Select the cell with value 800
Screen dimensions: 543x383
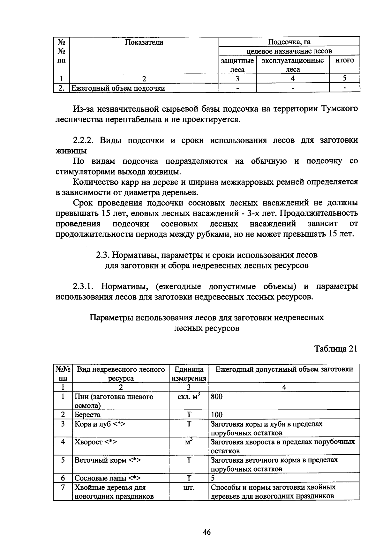pyautogui.click(x=217, y=397)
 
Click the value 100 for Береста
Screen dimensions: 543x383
pyautogui.click(x=217, y=415)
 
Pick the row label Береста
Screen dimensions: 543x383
pyautogui.click(x=87, y=415)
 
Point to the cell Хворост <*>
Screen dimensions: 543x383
pyautogui.click(x=96, y=442)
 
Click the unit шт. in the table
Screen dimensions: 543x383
pyautogui.click(x=189, y=487)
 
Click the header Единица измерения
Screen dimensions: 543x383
pyautogui.click(x=189, y=374)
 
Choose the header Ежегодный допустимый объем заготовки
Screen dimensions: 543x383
pyautogui.click(x=284, y=369)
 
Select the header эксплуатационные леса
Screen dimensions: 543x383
pyautogui.click(x=293, y=65)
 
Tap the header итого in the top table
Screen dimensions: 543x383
pyautogui.click(x=344, y=60)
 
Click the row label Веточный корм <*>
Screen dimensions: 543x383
pyautogui.click(x=108, y=460)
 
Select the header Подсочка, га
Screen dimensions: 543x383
pyautogui.click(x=289, y=42)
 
